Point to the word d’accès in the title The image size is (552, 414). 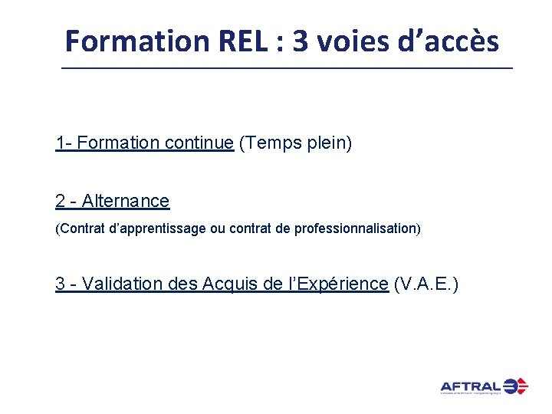coord(448,41)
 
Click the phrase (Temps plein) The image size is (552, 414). coord(296,143)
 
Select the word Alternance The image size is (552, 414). coord(126,201)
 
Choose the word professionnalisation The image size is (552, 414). coord(357,229)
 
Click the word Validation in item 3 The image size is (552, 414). coord(123,284)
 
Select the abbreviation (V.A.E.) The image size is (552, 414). coord(426,284)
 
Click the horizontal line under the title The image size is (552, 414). coord(287,69)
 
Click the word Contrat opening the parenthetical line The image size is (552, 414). coord(79,229)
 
